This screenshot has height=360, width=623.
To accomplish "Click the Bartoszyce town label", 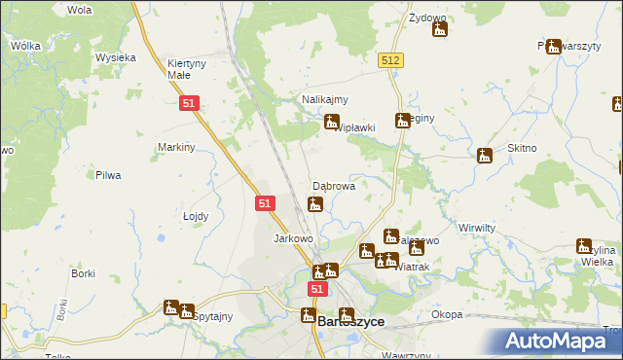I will click(x=350, y=321).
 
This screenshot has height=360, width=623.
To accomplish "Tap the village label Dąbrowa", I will click(x=333, y=184).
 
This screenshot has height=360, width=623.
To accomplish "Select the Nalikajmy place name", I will click(x=325, y=99).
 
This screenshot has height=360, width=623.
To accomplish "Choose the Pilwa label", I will click(x=107, y=176).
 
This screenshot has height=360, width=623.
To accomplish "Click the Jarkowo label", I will click(x=293, y=238).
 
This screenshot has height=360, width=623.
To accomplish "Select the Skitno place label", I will click(x=522, y=147).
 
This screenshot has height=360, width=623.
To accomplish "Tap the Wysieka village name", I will click(x=115, y=57).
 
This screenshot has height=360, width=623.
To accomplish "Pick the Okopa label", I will click(x=447, y=315).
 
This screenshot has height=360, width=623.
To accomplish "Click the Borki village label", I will click(x=83, y=273).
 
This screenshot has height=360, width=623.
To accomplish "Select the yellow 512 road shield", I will click(x=391, y=60).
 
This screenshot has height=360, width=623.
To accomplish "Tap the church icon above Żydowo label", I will click(x=440, y=29).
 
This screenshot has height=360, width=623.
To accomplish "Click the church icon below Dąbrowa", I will click(x=314, y=204).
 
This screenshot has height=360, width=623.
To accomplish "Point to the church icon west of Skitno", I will click(x=485, y=155).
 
